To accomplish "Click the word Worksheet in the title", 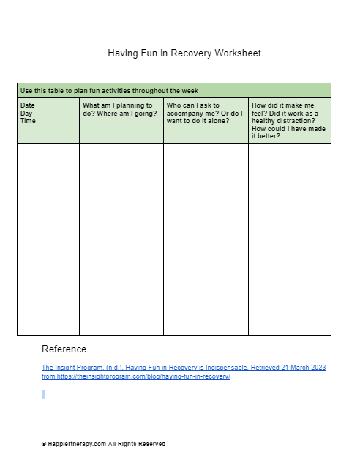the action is (x=238, y=53).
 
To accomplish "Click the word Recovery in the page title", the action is (x=191, y=53).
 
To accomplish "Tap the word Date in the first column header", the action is (x=28, y=105).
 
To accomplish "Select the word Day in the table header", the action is (x=26, y=114).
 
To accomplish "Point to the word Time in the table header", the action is (x=28, y=121).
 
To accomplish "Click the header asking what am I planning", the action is (x=119, y=110).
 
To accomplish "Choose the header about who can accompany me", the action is (x=204, y=113).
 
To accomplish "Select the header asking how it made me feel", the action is (x=288, y=120).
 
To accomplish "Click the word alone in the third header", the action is (x=219, y=121).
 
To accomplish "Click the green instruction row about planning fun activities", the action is (x=173, y=91).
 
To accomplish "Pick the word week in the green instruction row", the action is (x=190, y=91).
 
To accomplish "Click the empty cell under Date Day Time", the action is (x=48, y=239).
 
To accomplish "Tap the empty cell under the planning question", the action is (x=121, y=239).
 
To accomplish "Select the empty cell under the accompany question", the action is (x=206, y=239).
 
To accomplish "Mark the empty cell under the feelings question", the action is (x=289, y=239).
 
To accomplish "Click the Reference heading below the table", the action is (x=64, y=349).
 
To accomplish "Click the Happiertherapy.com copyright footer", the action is (x=103, y=444).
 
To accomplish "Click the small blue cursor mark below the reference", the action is (x=44, y=395).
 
